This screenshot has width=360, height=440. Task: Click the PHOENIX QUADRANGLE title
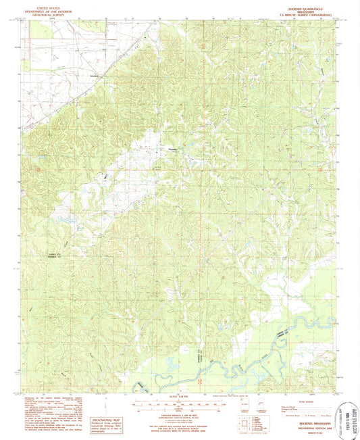point(292,4)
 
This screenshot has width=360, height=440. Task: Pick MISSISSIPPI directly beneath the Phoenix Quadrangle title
point(292,7)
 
